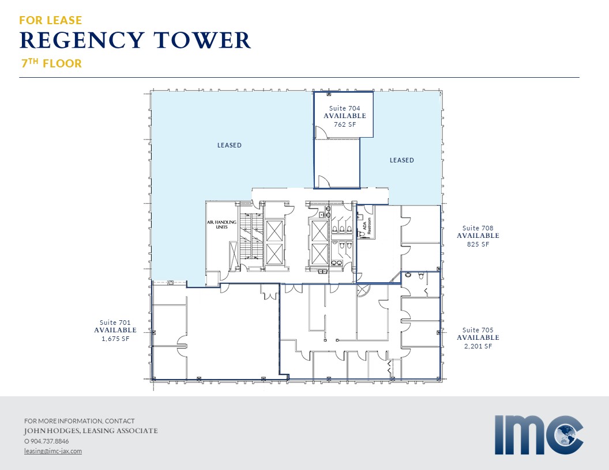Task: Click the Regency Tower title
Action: point(135,40)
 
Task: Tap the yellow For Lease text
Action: point(51,20)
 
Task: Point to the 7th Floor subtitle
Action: point(52,63)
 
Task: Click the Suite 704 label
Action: point(344,108)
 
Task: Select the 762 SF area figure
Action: point(345,124)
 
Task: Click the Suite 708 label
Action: point(478,228)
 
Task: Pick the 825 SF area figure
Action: point(478,244)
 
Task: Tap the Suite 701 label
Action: point(115,322)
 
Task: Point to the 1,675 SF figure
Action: point(115,339)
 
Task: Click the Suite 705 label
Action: point(478,329)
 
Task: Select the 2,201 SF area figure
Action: point(478,346)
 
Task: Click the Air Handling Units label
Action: point(221,224)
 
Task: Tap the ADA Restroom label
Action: point(367,226)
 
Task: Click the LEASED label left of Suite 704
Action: point(229,145)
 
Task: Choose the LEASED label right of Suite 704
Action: point(401,160)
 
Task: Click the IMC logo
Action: point(539,435)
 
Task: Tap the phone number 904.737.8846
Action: point(50,441)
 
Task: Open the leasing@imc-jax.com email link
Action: point(53,451)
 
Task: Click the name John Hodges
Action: point(52,431)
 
